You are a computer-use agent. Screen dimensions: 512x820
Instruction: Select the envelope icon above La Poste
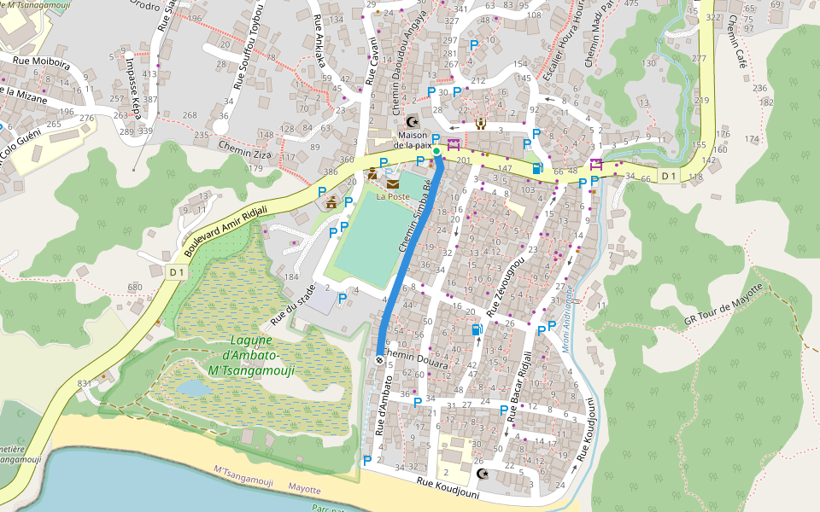point(392,183)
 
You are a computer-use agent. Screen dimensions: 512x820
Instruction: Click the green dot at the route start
point(436,152)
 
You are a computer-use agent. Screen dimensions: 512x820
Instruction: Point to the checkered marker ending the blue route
point(379,359)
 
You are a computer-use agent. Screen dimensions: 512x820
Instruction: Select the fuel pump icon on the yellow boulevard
point(536,168)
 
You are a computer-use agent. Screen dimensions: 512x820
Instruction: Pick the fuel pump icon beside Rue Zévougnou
point(476,329)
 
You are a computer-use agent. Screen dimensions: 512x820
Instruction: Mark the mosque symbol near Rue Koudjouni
point(483,474)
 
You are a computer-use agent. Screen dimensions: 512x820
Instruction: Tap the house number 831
point(84,384)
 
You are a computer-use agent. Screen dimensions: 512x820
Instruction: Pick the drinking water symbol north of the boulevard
point(481,123)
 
